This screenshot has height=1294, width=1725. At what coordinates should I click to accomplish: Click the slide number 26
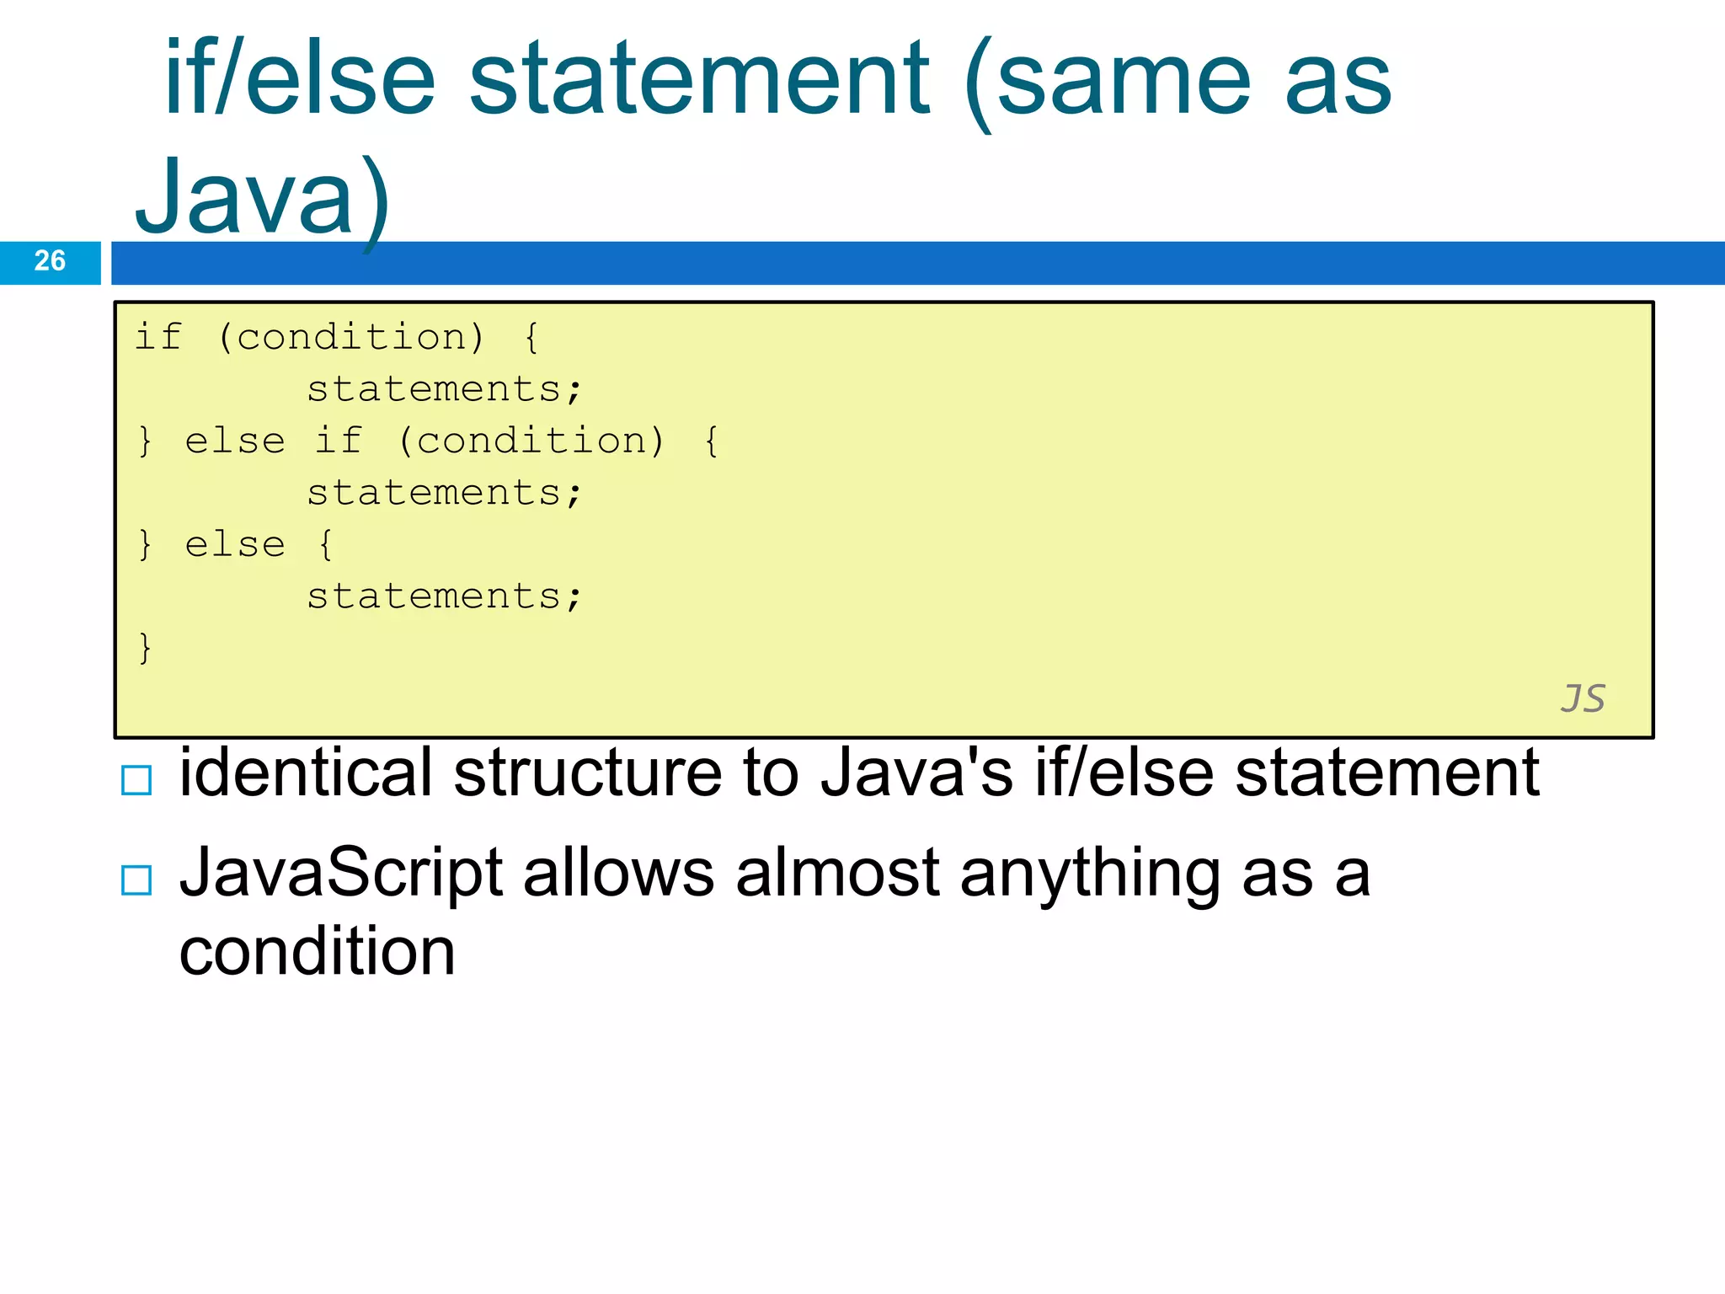pos(50,261)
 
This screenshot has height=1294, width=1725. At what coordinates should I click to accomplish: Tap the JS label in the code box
pos(1583,698)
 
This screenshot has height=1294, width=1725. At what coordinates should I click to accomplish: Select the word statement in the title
pos(699,80)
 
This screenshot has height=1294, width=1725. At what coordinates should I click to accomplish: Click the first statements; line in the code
pos(444,389)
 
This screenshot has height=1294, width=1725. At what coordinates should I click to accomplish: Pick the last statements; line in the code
pos(444,596)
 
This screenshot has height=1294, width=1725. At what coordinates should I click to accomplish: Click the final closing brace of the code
pos(145,648)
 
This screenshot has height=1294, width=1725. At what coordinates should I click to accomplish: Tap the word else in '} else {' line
pos(235,545)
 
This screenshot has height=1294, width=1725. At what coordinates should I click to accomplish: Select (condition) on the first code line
pos(351,338)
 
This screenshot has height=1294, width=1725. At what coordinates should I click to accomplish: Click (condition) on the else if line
pos(531,441)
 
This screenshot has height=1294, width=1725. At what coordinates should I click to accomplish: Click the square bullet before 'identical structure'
pos(136,780)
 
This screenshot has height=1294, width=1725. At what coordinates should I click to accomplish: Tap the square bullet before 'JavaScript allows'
pos(136,880)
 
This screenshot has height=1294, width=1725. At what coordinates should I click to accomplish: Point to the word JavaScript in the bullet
pos(341,874)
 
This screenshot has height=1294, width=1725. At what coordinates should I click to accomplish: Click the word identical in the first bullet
pos(306,773)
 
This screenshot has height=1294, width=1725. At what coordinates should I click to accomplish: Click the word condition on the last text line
pos(318,952)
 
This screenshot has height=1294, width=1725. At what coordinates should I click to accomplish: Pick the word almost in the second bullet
pos(837,874)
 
